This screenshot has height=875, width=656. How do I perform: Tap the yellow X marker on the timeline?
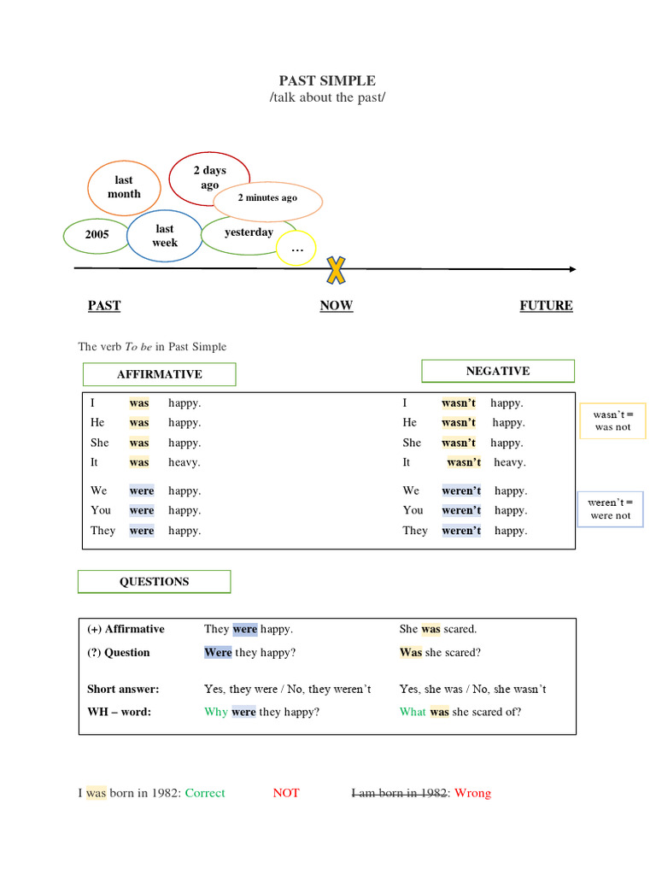coord(337,269)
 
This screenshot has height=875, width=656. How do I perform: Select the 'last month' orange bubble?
coord(124,187)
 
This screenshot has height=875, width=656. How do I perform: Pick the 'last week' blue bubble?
coord(164,236)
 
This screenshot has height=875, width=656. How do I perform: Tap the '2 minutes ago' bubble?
coord(267,199)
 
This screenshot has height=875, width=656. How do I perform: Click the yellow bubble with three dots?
coord(296,249)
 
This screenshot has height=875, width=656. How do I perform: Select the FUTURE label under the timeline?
coord(546,306)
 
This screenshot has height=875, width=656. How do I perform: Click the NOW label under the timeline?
coord(336,306)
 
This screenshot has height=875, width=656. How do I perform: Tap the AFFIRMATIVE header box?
coord(159,374)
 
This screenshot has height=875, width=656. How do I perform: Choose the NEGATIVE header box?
coord(497,371)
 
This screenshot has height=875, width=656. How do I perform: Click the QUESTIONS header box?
coord(154,582)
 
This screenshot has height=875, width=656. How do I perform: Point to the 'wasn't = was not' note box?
coord(612,420)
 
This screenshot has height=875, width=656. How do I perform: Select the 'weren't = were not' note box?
coord(610,509)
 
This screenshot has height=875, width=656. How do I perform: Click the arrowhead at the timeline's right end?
coord(571,269)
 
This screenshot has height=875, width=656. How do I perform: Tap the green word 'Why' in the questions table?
coord(215,712)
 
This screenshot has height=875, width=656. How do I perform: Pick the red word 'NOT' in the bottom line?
coord(286,793)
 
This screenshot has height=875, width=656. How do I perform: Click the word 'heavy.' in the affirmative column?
coord(184,462)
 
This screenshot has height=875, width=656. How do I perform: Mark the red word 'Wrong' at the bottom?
coord(472,793)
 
